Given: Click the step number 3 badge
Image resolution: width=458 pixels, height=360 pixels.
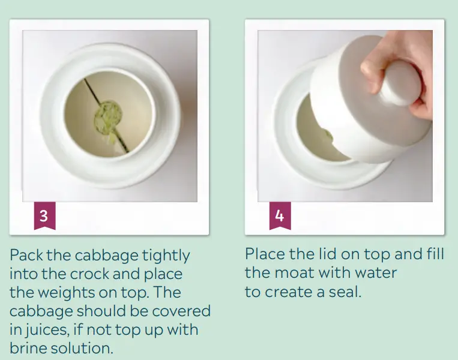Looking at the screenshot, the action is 44,215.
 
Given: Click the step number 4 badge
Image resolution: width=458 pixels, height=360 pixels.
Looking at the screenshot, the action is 280,215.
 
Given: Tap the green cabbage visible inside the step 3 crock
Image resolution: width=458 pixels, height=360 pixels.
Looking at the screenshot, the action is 108,118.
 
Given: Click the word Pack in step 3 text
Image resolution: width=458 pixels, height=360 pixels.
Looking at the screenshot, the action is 26,255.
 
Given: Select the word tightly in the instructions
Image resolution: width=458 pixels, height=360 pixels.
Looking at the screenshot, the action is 166,256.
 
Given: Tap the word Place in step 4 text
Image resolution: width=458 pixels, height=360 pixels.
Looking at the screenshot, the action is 265,254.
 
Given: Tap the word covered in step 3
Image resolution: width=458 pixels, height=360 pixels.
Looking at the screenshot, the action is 181,311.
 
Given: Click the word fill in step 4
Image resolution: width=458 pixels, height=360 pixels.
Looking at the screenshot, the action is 435,254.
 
